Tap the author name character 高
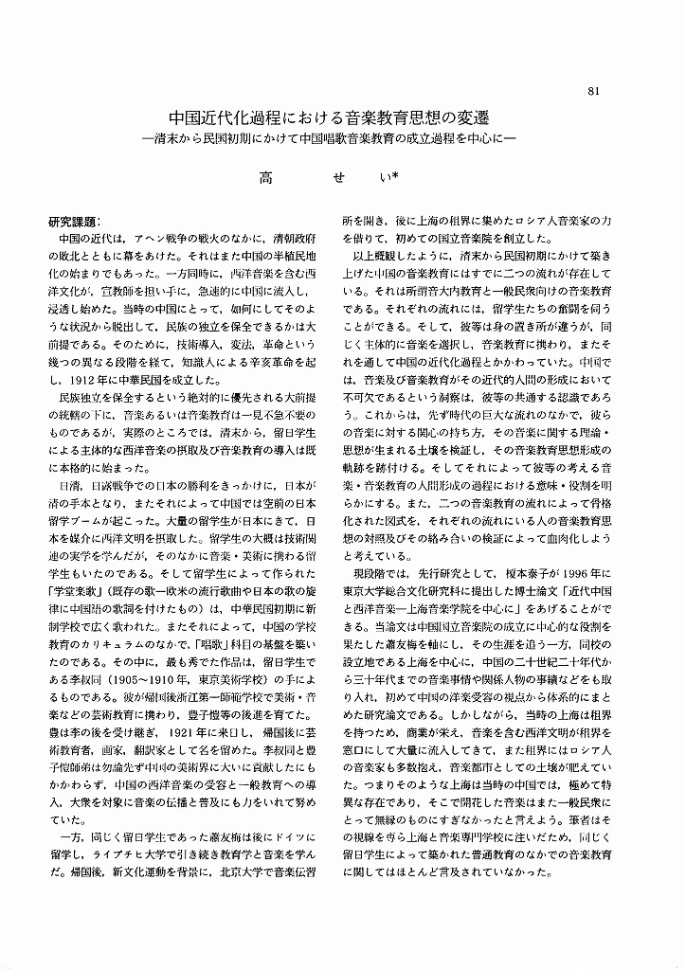coord(266,176)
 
